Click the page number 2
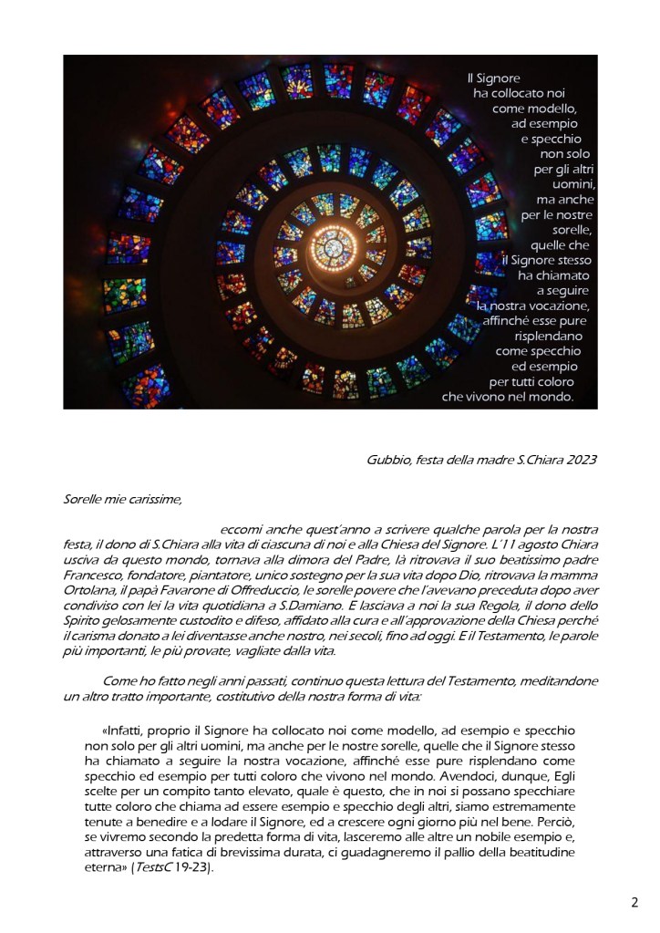pyautogui.click(x=634, y=903)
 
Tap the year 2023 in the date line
pyautogui.click(x=579, y=459)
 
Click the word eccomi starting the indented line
pyautogui.click(x=240, y=530)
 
